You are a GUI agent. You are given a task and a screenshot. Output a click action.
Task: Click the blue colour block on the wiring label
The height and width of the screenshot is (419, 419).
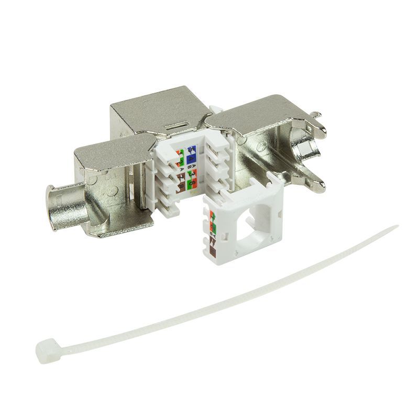(192, 155)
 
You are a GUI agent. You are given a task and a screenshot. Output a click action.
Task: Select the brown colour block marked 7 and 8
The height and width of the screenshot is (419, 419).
(181, 184)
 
